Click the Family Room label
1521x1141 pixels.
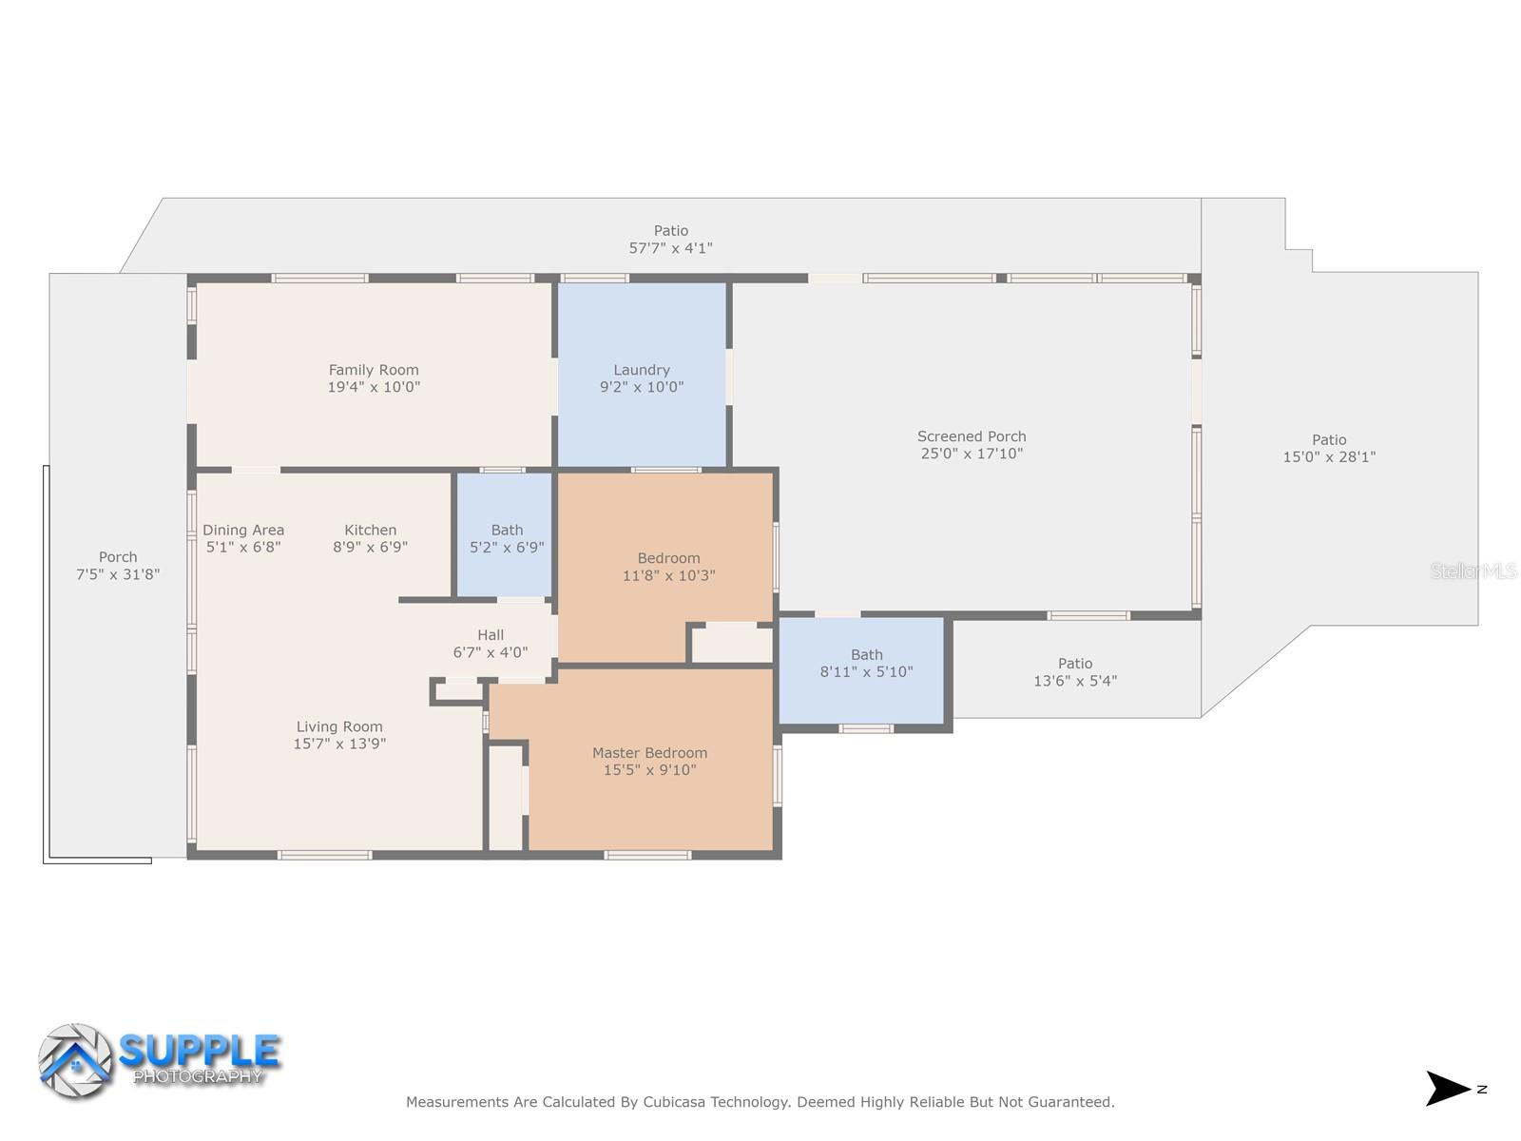point(374,370)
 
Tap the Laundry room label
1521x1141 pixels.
point(642,370)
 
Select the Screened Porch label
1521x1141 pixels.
point(972,436)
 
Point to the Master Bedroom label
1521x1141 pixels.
point(650,753)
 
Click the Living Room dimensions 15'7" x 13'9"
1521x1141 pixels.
point(339,745)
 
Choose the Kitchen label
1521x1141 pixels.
point(371,530)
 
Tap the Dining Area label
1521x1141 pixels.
point(243,530)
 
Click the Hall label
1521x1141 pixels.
point(491,635)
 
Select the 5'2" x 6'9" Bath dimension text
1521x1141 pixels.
point(508,548)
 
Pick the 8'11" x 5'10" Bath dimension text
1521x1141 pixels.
point(867,672)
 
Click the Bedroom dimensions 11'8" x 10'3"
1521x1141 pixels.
point(668,575)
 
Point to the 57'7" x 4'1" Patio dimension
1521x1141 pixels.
point(671,248)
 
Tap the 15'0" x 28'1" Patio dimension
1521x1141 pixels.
point(1329,457)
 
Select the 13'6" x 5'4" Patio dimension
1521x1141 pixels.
point(1075,681)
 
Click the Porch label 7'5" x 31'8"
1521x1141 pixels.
point(118,566)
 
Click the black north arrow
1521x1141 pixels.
point(1447,1089)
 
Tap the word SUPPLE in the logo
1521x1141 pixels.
point(200,1051)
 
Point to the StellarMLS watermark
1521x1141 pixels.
point(1473,571)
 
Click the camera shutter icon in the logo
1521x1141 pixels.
point(75,1061)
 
